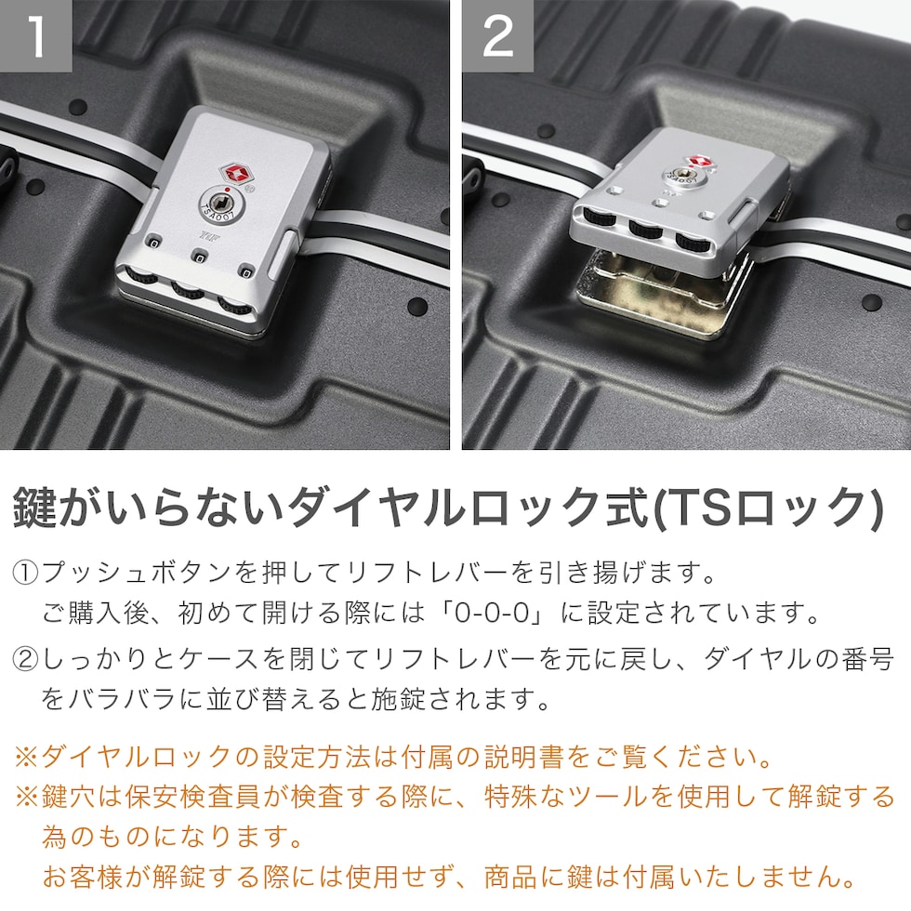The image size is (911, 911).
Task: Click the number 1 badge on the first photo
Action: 36,36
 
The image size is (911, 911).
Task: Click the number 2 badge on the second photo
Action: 498,36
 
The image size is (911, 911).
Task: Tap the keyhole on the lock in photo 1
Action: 220,204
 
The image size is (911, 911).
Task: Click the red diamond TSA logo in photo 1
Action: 234,173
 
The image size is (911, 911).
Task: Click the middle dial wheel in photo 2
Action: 646,228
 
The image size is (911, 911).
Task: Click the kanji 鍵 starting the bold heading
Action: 35,508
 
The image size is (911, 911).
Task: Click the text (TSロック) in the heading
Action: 768,508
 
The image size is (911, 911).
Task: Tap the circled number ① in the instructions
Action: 26,573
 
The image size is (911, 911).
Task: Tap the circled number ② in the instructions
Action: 26,659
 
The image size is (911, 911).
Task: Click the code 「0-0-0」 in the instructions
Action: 491,613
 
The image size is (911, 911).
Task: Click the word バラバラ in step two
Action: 122,699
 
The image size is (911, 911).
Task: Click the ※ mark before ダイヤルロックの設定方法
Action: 26,757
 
